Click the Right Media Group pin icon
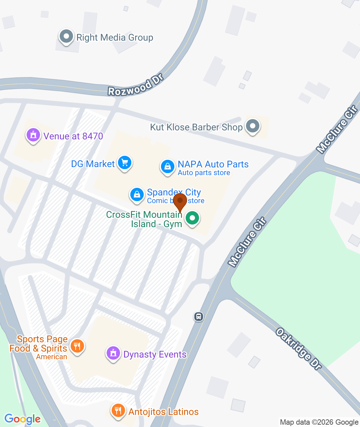pyautogui.click(x=66, y=36)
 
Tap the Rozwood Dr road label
pyautogui.click(x=136, y=85)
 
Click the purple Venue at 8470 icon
pyautogui.click(x=33, y=135)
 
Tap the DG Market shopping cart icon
pyautogui.click(x=125, y=163)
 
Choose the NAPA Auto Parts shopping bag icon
pyautogui.click(x=167, y=166)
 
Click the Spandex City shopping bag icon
pyautogui.click(x=137, y=194)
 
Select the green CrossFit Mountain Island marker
pyautogui.click(x=192, y=219)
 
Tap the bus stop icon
pyautogui.click(x=199, y=316)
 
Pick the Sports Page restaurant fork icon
pyautogui.click(x=77, y=346)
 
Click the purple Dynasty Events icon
pyautogui.click(x=113, y=353)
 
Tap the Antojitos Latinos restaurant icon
pyautogui.click(x=118, y=410)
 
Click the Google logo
pyautogui.click(x=22, y=419)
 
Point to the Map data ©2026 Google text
pyautogui.click(x=319, y=422)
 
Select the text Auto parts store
pyautogui.click(x=204, y=173)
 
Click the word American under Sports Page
pyautogui.click(x=52, y=357)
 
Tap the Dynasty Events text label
pyautogui.click(x=155, y=354)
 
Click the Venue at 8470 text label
pyautogui.click(x=73, y=136)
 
